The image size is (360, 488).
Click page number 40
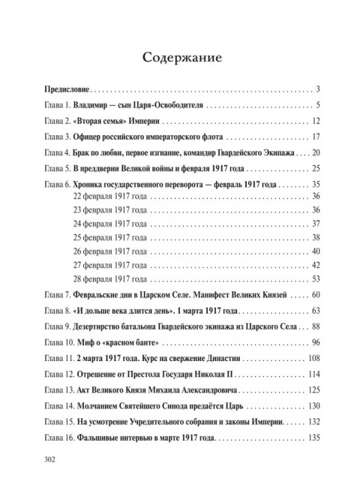(316, 250)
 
